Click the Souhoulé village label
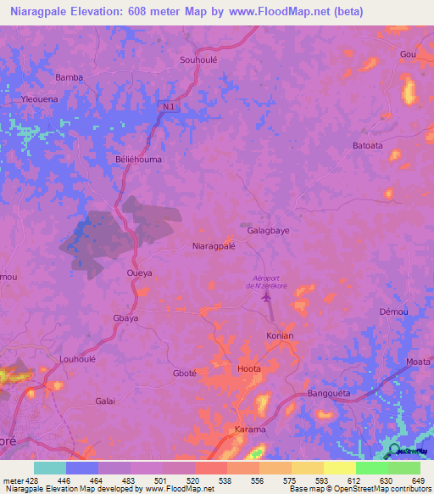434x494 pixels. tap(200, 59)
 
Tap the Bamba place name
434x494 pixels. tap(70, 77)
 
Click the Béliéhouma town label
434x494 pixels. tap(138, 159)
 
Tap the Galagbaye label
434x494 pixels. tap(269, 230)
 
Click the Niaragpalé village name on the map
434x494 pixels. tap(214, 246)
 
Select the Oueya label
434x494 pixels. tap(139, 273)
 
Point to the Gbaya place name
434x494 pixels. tap(125, 318)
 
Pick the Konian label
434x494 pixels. tap(280, 335)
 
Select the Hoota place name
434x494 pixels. tap(249, 368)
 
